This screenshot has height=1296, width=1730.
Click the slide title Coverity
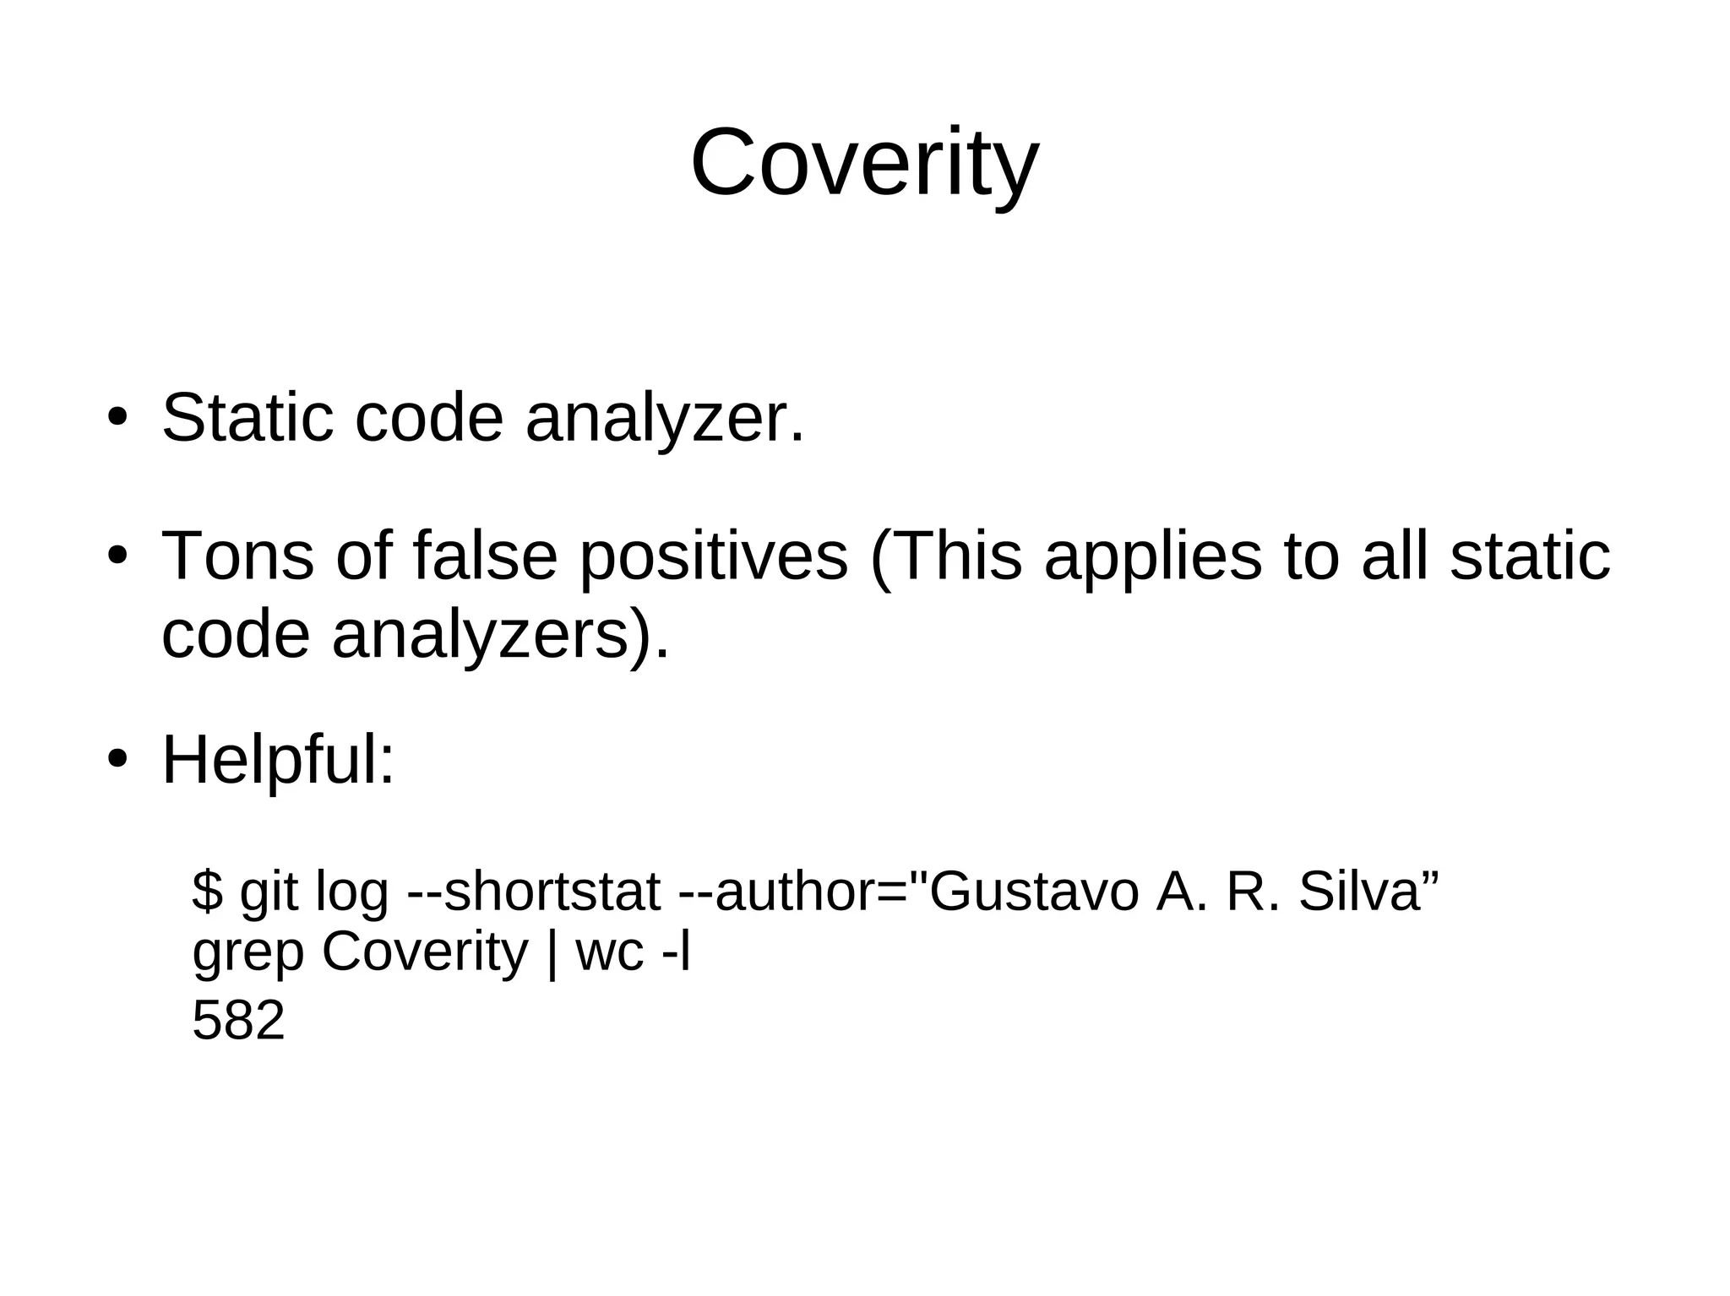864,162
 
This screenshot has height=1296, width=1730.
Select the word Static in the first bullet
248,418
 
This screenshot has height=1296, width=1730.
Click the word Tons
237,556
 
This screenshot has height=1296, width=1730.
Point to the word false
485,556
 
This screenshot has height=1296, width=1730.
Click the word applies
1152,558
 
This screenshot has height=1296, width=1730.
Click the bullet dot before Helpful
117,758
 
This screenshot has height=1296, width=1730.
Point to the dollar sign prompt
207,891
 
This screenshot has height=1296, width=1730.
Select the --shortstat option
533,892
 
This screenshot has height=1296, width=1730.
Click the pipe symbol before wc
552,952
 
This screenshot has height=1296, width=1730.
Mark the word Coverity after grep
424,952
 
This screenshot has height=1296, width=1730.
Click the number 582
238,1020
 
